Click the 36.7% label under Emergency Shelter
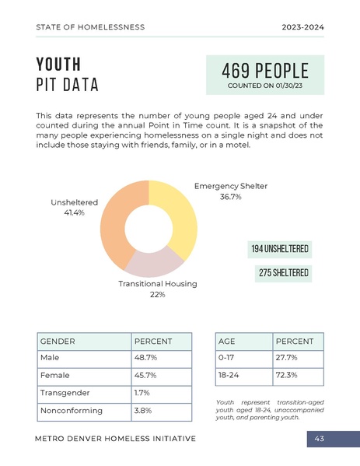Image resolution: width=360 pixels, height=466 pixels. [229, 198]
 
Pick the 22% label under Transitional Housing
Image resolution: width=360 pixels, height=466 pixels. [157, 295]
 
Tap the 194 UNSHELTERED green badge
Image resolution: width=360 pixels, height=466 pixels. [280, 249]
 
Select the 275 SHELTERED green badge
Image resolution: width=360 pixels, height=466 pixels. [284, 273]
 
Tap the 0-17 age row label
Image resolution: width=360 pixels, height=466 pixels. [227, 357]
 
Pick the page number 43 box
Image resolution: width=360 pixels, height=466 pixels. [319, 439]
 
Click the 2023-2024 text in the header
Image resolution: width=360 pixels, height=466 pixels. [302, 27]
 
